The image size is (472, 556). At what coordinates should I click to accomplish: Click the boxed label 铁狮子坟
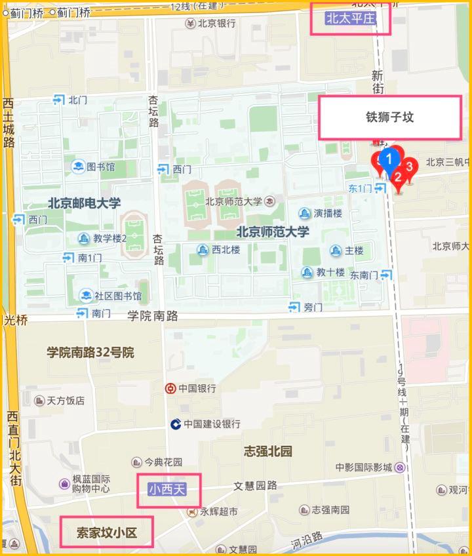[390, 117]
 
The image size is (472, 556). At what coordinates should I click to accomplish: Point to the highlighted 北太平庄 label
[350, 18]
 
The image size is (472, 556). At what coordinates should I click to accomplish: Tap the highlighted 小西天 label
[168, 489]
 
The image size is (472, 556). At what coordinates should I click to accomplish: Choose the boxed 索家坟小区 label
[106, 532]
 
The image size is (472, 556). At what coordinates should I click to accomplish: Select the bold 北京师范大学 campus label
[272, 231]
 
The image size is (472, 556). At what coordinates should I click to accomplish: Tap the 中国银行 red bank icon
[170, 388]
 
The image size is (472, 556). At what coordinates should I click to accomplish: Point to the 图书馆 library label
[100, 167]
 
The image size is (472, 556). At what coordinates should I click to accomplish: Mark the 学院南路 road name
[153, 315]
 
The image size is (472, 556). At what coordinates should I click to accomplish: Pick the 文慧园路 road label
[256, 486]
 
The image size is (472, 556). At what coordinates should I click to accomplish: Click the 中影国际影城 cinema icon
[400, 467]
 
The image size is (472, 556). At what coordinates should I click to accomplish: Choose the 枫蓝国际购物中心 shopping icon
[64, 484]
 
